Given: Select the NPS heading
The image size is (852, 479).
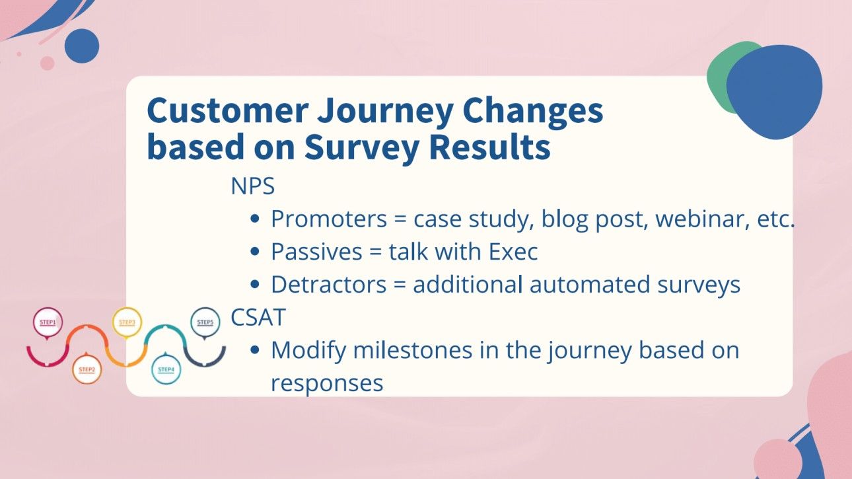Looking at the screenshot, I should (252, 186).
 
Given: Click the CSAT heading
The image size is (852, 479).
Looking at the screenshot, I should (258, 318).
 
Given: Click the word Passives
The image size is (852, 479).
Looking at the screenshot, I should (317, 252).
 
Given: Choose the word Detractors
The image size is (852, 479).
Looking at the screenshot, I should (328, 285).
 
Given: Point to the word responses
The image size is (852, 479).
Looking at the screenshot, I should (327, 383).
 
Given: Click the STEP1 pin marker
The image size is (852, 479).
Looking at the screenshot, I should (48, 323).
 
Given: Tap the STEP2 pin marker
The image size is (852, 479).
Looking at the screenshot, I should (87, 370).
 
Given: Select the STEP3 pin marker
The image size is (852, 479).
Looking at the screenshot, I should (126, 323).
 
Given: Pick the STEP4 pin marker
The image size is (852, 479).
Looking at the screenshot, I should (166, 370).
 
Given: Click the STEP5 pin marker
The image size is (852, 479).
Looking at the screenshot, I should (205, 323).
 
